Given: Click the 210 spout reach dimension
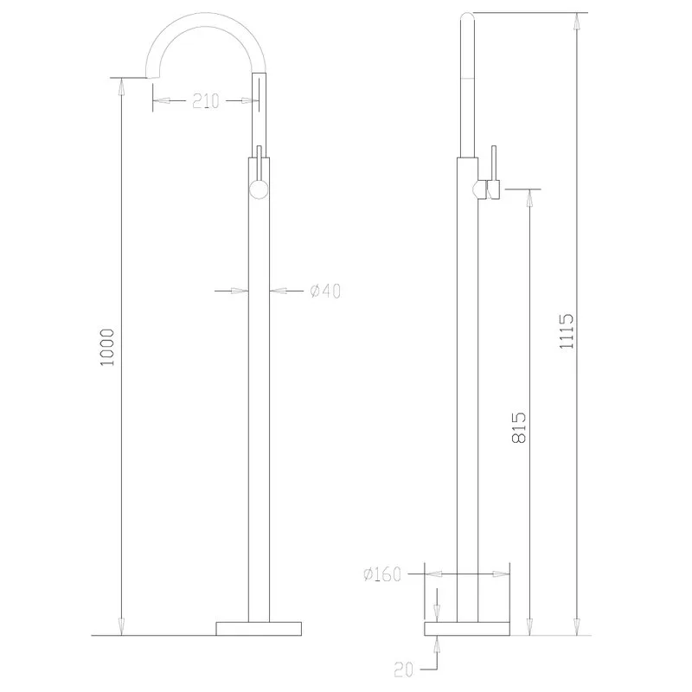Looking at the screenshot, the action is pyautogui.click(x=206, y=101).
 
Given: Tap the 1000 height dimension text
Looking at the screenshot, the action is pyautogui.click(x=107, y=347).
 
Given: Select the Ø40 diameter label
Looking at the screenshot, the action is pyautogui.click(x=325, y=291).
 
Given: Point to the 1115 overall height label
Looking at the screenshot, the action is pyautogui.click(x=567, y=331).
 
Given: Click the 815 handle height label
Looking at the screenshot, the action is pyautogui.click(x=519, y=427).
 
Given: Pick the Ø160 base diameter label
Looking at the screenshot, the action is pyautogui.click(x=382, y=574).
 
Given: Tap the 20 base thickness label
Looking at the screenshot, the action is pyautogui.click(x=403, y=670).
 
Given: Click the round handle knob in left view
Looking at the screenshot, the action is pyautogui.click(x=259, y=190).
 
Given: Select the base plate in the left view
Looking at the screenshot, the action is pyautogui.click(x=259, y=629).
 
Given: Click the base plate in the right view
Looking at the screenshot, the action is pyautogui.click(x=467, y=629).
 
